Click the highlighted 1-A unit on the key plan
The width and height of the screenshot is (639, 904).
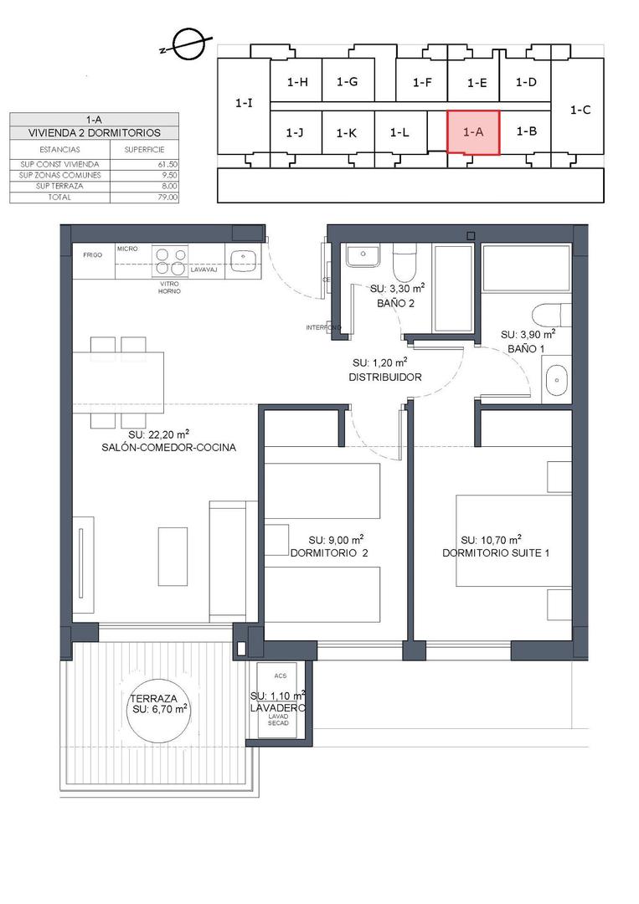pos(473,132)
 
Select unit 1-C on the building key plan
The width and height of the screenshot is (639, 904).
pos(580,109)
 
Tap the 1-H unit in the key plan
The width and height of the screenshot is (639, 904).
pos(297,82)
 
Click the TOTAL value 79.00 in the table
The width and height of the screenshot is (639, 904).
pos(167,198)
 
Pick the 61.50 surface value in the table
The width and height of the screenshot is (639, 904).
pos(167,164)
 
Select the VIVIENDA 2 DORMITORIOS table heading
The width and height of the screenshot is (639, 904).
pos(94,132)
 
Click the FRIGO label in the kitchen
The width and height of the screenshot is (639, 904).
pos(92,254)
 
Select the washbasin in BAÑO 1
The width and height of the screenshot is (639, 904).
pos(556,382)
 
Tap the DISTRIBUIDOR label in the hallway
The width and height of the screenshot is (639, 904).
pos(384,378)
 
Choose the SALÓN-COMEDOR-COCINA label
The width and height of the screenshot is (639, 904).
pos(168,447)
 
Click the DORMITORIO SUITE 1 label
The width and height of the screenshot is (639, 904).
pos(496,553)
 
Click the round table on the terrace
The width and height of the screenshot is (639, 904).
pos(158,708)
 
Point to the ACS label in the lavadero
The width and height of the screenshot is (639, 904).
pos(279,673)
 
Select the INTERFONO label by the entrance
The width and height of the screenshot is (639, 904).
pos(323,327)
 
